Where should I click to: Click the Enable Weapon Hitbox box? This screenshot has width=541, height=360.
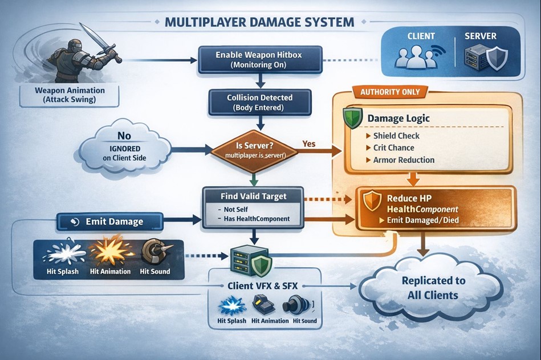click(x=258, y=60)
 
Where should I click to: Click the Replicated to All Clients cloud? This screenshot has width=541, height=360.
click(x=433, y=288)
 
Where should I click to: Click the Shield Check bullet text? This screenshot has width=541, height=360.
click(x=396, y=136)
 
